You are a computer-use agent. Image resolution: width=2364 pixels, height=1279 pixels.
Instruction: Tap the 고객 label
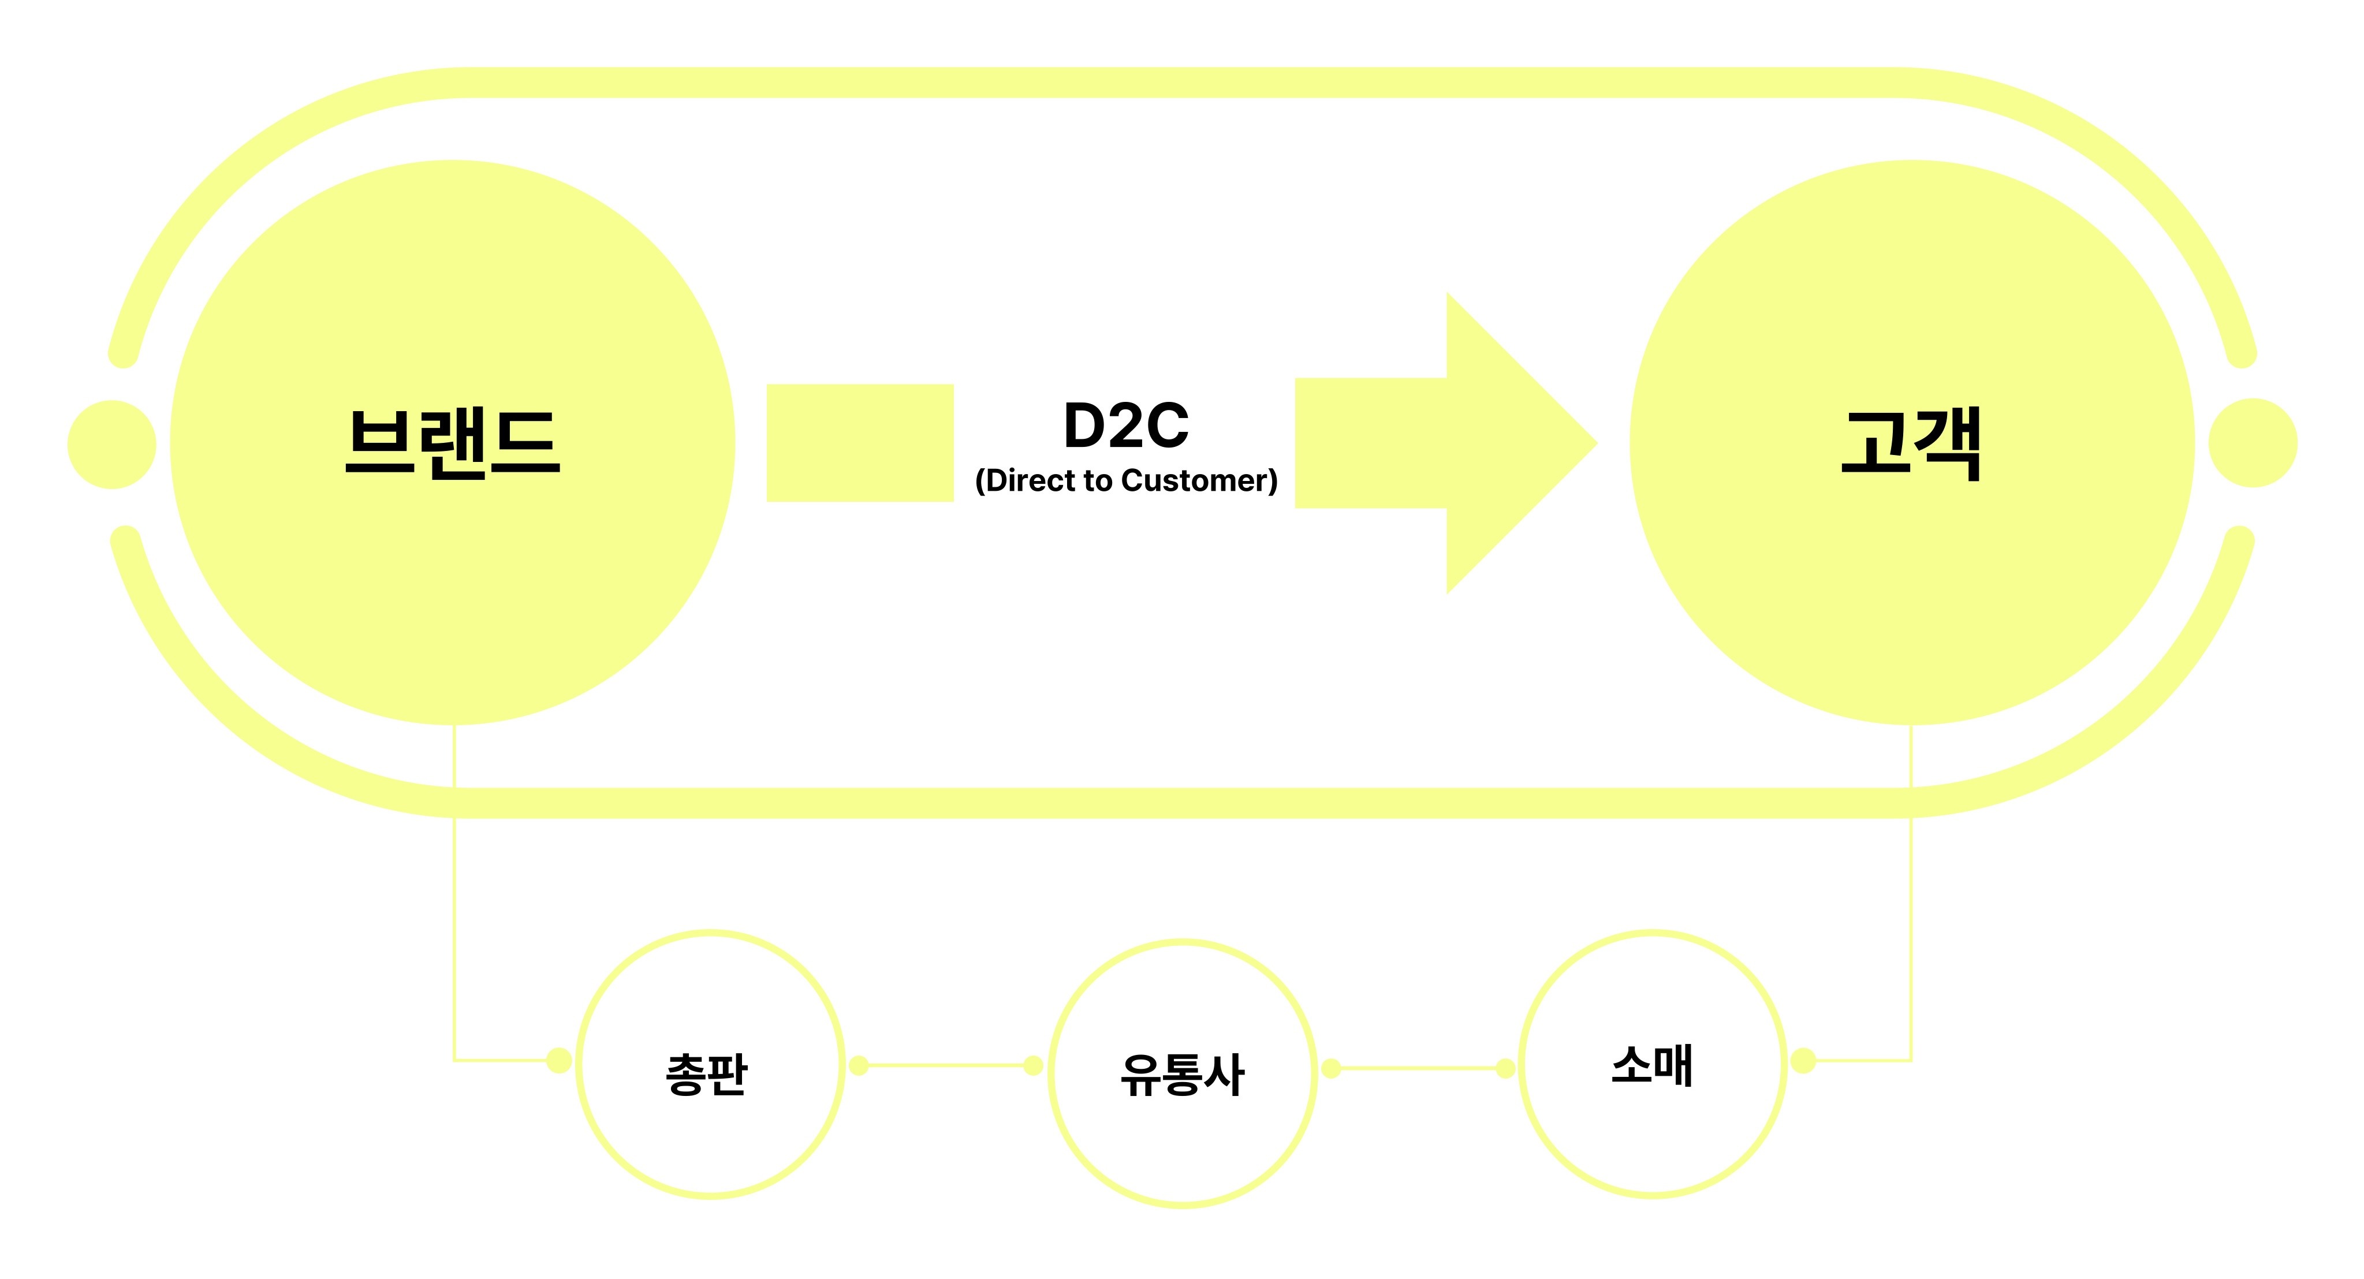coord(1911,443)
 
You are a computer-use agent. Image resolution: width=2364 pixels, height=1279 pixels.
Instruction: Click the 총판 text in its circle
coord(707,1073)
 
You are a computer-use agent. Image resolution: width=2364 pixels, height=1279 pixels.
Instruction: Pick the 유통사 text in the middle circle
coord(1182,1075)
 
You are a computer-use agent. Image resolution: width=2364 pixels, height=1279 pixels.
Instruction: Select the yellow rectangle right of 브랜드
coord(860,443)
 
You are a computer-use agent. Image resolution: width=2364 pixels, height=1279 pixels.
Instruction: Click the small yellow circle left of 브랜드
coord(112,444)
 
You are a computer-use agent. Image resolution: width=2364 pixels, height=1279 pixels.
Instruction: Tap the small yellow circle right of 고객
coord(2253,443)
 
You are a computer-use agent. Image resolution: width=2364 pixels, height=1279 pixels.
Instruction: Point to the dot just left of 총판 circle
coord(559,1061)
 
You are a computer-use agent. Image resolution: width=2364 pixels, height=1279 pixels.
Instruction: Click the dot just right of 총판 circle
coord(859,1065)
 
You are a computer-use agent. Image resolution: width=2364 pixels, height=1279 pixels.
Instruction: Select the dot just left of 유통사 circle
coord(1032,1065)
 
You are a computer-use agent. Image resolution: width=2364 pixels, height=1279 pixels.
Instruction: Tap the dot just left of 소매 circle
coord(1505,1068)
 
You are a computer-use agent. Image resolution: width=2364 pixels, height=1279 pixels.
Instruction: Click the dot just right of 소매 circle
coord(1803,1061)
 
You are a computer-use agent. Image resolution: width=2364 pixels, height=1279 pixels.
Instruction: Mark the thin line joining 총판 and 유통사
coord(945,1065)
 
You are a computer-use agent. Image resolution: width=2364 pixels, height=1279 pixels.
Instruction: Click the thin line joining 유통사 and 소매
coord(1418,1068)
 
